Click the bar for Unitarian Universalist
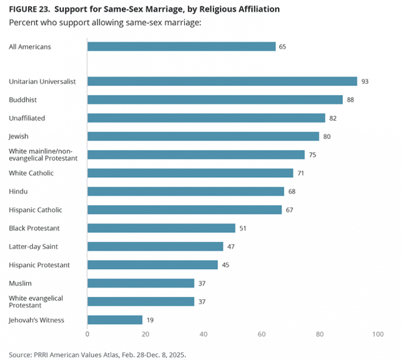tap(222, 81)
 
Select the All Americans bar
tap(181, 47)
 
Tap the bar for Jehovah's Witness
tap(115, 320)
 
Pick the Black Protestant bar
tap(161, 228)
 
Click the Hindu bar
tap(186, 192)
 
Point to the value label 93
tap(365, 82)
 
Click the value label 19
tap(150, 320)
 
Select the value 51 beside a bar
tap(243, 228)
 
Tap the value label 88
tap(350, 100)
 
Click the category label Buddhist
tap(23, 100)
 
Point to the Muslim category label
tap(20, 283)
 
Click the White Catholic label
tap(31, 173)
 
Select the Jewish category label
tap(19, 137)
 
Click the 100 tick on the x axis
tap(378, 334)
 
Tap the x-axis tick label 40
tap(204, 334)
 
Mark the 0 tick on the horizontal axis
tap(87, 334)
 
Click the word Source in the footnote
tap(20, 354)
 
